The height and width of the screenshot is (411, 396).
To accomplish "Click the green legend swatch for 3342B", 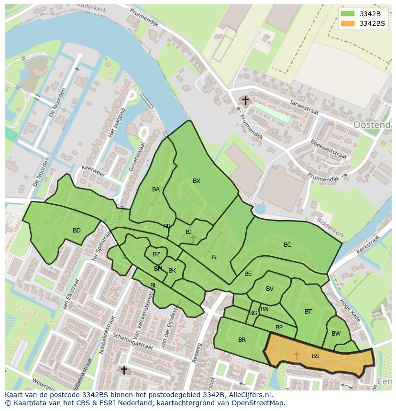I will coord(348,14).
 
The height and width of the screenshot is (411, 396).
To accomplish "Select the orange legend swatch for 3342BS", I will coord(348,23).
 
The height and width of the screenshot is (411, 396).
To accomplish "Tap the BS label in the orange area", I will coord(316,356).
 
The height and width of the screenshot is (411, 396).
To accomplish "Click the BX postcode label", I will coord(197,181).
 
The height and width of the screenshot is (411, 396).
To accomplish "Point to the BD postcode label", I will coord(77,231).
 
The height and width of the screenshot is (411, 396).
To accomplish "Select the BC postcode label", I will coord(287,245).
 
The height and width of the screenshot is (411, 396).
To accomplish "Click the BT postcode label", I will coord(308,312).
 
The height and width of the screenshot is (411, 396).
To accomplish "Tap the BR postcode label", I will coord(242,340).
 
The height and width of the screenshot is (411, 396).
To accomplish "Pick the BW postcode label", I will coord(336,334).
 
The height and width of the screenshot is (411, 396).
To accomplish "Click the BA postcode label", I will coord(156,190).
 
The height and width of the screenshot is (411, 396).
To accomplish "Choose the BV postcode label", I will coord(270,289).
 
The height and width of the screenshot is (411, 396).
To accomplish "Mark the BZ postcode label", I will coord(156,254).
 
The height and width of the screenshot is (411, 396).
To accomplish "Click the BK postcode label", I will coord(172,271).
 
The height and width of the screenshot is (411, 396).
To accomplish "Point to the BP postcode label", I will coord(279,327).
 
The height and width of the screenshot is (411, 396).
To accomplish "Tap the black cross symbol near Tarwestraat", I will coord(245,101).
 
